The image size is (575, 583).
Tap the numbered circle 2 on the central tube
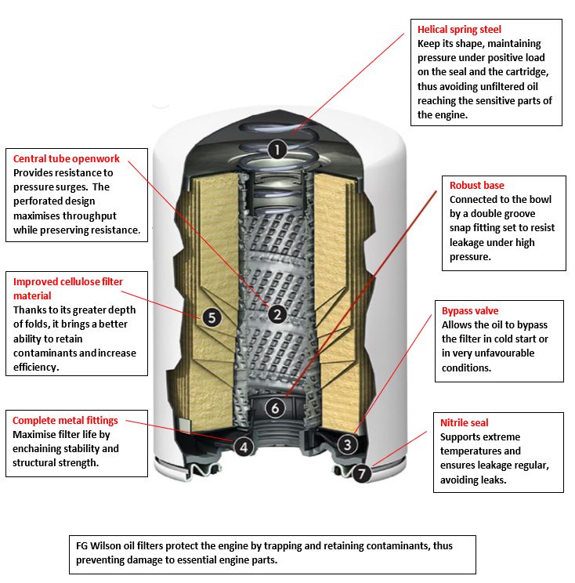click(x=277, y=314)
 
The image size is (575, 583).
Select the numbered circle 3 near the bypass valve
click(x=348, y=444)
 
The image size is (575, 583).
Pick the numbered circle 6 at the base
click(x=274, y=408)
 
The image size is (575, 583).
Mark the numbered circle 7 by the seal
click(x=360, y=473)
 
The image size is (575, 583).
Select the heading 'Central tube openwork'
click(x=66, y=159)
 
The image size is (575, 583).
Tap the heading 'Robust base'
click(x=476, y=186)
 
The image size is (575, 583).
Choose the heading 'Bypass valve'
click(x=470, y=311)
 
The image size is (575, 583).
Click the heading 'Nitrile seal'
click(x=464, y=423)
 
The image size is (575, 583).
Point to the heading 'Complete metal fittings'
click(x=65, y=421)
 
